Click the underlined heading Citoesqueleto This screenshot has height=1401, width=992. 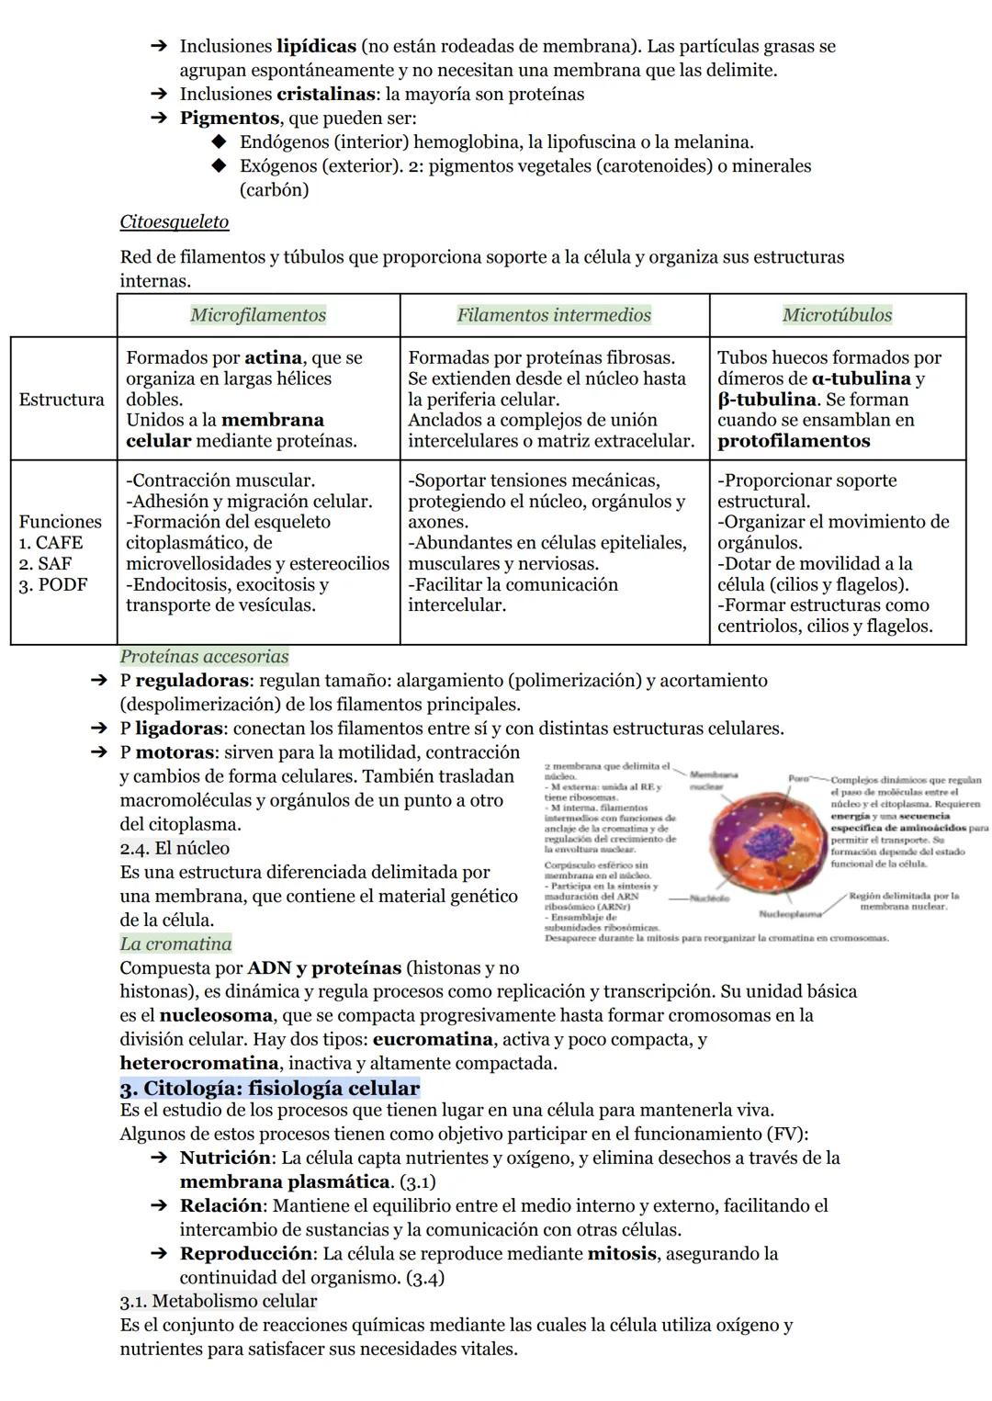pyautogui.click(x=174, y=222)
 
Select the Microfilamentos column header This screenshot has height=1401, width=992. pyautogui.click(x=258, y=315)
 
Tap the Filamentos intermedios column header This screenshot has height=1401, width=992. pyautogui.click(x=554, y=315)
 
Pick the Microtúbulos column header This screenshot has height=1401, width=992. pyautogui.click(x=837, y=315)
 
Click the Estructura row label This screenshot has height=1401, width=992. pyautogui.click(x=62, y=400)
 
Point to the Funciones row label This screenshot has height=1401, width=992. pyautogui.click(x=61, y=522)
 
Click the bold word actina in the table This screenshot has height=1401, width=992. pyautogui.click(x=275, y=357)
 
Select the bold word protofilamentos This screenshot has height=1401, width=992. pyautogui.click(x=794, y=441)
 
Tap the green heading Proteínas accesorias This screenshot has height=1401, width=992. pyautogui.click(x=204, y=657)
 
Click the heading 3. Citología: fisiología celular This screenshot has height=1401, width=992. pyautogui.click(x=269, y=1089)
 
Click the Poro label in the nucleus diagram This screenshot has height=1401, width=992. pyautogui.click(x=798, y=779)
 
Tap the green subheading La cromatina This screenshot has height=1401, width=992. pyautogui.click(x=175, y=943)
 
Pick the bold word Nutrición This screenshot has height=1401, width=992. pyautogui.click(x=225, y=1158)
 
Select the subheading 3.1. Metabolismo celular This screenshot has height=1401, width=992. pyautogui.click(x=218, y=1301)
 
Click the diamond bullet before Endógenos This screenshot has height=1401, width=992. pyautogui.click(x=218, y=142)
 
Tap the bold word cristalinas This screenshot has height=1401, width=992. pyautogui.click(x=325, y=94)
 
